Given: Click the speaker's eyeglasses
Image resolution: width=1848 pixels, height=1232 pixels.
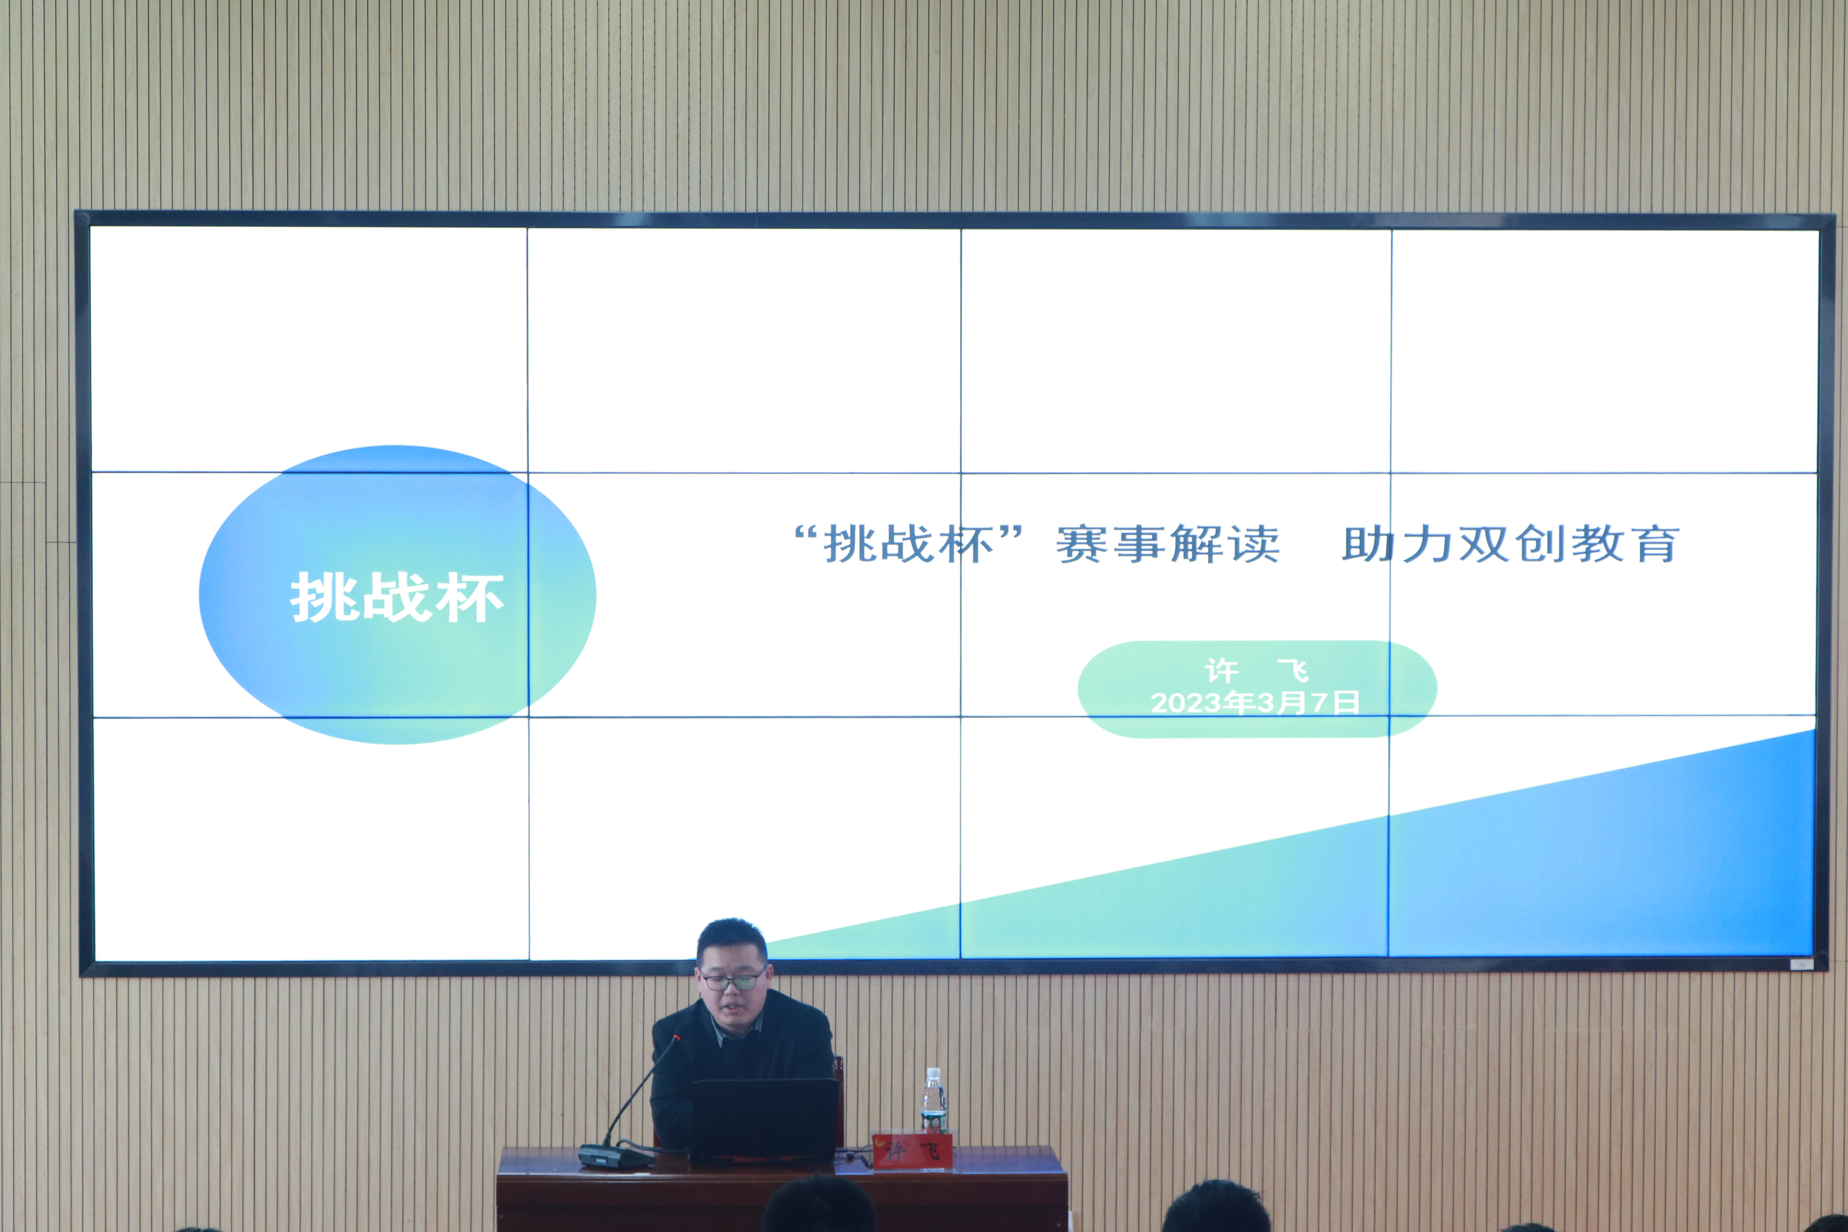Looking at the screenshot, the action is (x=731, y=979).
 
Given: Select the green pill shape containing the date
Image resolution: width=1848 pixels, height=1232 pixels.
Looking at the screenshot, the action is (x=1257, y=689).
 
